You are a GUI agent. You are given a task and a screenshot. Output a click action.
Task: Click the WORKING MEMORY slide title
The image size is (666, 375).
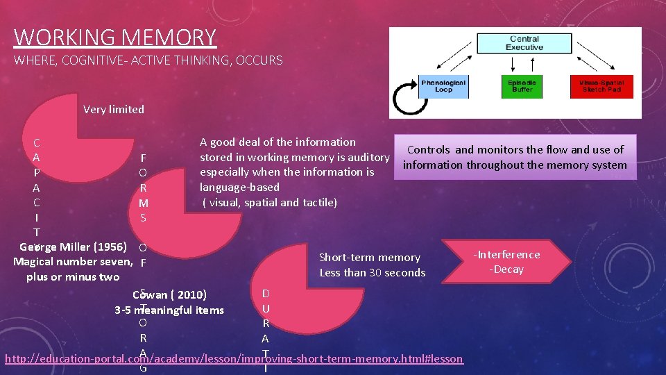pyautogui.click(x=115, y=37)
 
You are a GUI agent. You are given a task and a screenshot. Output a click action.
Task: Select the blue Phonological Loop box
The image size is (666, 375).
pyautogui.click(x=444, y=86)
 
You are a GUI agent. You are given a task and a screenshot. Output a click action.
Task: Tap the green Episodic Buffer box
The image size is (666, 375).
pyautogui.click(x=522, y=86)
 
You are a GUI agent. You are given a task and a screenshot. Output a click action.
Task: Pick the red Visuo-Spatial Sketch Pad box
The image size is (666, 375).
pyautogui.click(x=601, y=86)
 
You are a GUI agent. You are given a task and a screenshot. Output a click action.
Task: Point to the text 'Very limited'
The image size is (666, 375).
pyautogui.click(x=114, y=109)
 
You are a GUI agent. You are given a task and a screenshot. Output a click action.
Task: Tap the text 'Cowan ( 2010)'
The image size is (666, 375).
pyautogui.click(x=169, y=294)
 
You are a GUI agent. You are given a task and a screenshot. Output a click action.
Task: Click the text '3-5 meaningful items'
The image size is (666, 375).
pyautogui.click(x=169, y=310)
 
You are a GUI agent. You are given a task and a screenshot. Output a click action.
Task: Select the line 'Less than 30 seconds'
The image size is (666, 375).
pyautogui.click(x=373, y=273)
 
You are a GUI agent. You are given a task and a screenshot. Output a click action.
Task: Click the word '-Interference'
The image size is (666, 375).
pyautogui.click(x=506, y=254)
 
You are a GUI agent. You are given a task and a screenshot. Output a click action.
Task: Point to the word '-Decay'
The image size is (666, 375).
pyautogui.click(x=506, y=269)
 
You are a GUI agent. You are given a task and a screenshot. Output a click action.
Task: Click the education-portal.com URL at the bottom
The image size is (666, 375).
pyautogui.click(x=234, y=358)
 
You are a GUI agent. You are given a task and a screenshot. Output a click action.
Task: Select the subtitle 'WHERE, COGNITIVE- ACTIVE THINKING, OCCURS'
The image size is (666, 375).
pyautogui.click(x=148, y=60)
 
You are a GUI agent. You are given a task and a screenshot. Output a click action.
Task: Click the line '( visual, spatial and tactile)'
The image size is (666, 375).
pyautogui.click(x=269, y=203)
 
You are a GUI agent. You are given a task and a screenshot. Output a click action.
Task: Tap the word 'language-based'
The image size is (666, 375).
pyautogui.click(x=239, y=187)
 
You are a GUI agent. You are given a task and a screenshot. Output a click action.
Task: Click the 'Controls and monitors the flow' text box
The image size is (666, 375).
pyautogui.click(x=515, y=157)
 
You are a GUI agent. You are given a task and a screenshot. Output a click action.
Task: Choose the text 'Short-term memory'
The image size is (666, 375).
pyautogui.click(x=369, y=258)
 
